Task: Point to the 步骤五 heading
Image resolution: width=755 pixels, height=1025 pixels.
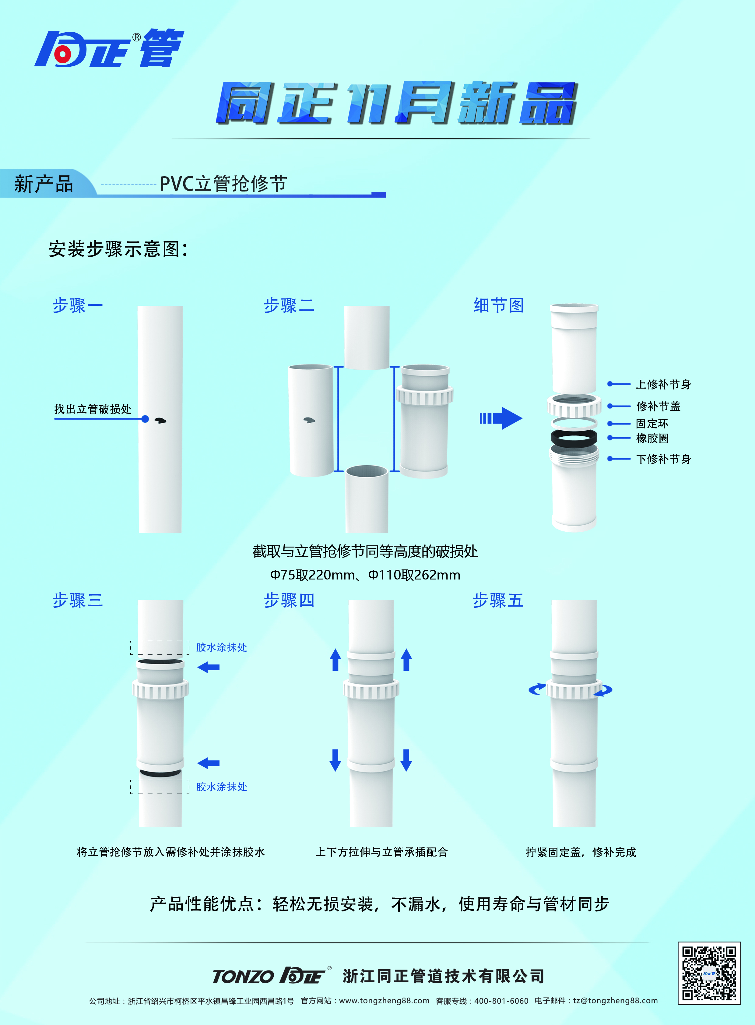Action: pos(498,600)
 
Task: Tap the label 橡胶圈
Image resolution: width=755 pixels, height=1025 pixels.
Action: pos(652,438)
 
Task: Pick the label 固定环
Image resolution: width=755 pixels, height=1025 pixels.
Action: pos(652,423)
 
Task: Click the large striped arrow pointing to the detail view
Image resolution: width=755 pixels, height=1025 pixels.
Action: pos(501,418)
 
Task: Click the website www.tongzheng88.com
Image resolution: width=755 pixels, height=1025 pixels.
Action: pos(384,1001)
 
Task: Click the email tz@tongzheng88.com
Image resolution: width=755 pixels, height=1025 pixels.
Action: pos(615,1001)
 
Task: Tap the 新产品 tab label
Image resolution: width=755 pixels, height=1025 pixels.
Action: pos(44,184)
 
